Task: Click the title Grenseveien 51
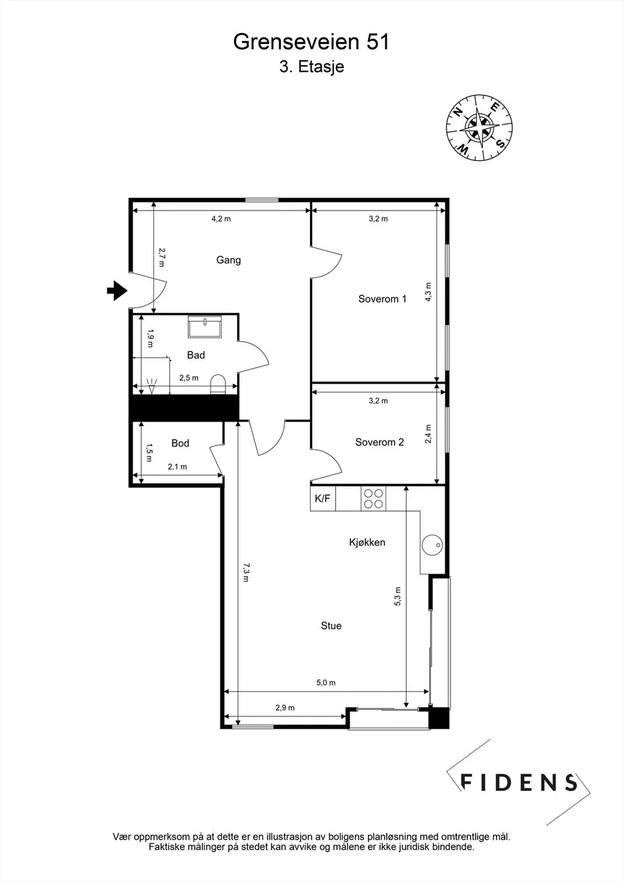pyautogui.click(x=311, y=42)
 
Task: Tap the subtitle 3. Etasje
pyautogui.click(x=311, y=66)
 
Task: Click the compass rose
pyautogui.click(x=479, y=127)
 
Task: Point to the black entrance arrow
pyautogui.click(x=117, y=290)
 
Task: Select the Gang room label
pyautogui.click(x=229, y=260)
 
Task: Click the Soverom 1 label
pyautogui.click(x=382, y=299)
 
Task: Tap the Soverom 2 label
pyautogui.click(x=380, y=442)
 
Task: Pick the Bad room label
pyautogui.click(x=196, y=355)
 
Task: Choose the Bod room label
pyautogui.click(x=180, y=444)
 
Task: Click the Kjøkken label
pyautogui.click(x=367, y=542)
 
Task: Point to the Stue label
pyautogui.click(x=331, y=625)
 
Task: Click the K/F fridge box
pyautogui.click(x=322, y=499)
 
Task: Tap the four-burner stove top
pyautogui.click(x=373, y=499)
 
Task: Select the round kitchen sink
pyautogui.click(x=432, y=545)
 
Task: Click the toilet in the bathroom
pyautogui.click(x=218, y=384)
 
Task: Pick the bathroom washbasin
pyautogui.click(x=205, y=327)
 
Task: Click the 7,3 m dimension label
pyautogui.click(x=246, y=572)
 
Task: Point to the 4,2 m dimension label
pyautogui.click(x=221, y=218)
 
